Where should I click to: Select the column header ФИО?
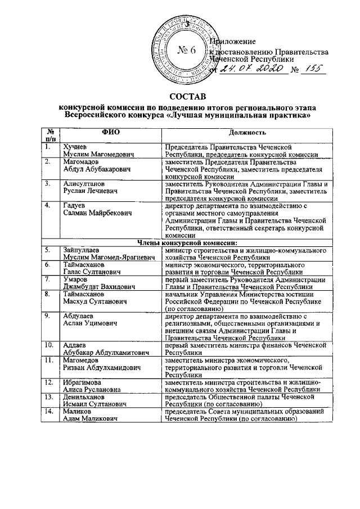(110, 133)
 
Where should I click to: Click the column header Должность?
(246, 133)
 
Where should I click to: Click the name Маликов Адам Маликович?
(91, 415)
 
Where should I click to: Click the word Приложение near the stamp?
(232, 42)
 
